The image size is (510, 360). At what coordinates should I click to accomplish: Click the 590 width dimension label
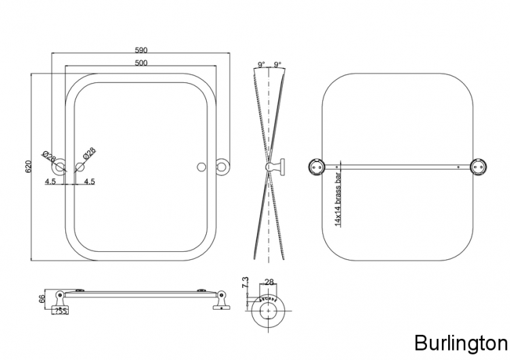click(x=141, y=50)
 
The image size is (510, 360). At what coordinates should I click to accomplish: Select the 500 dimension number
click(x=141, y=63)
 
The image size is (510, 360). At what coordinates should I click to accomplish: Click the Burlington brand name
click(x=460, y=342)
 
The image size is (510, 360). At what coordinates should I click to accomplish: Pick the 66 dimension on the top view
click(x=41, y=299)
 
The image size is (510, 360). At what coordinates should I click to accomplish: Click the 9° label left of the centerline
click(x=261, y=65)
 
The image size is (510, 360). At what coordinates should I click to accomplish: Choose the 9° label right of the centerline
click(x=277, y=65)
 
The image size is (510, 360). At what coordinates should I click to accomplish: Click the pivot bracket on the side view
click(x=278, y=166)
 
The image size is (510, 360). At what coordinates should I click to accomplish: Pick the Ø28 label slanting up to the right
click(x=89, y=155)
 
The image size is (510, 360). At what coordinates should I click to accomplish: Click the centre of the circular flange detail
click(x=269, y=312)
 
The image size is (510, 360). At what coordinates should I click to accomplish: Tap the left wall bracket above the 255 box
click(x=60, y=297)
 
